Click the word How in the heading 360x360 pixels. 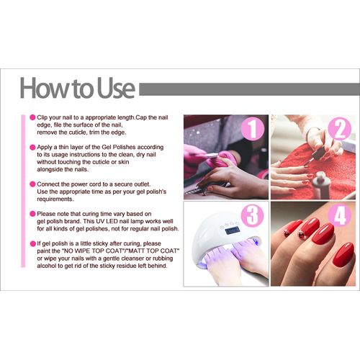pyautogui.click(x=44, y=88)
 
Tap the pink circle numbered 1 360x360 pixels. pyautogui.click(x=252, y=129)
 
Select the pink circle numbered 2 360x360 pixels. pyautogui.click(x=340, y=128)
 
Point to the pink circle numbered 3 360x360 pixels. pyautogui.click(x=253, y=215)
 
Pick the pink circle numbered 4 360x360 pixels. pyautogui.click(x=340, y=215)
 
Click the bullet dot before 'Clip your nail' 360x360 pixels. pyautogui.click(x=32, y=117)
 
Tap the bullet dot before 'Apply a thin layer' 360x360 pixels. pyautogui.click(x=32, y=148)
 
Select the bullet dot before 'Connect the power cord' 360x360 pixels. pyautogui.click(x=32, y=184)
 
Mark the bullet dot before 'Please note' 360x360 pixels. pyautogui.click(x=32, y=214)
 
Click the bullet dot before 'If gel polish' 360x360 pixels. pyautogui.click(x=33, y=244)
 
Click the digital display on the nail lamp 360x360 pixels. pyautogui.click(x=232, y=230)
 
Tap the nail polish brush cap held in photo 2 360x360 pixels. pyautogui.click(x=318, y=152)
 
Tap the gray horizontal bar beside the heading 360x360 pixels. pyautogui.click(x=250, y=89)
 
